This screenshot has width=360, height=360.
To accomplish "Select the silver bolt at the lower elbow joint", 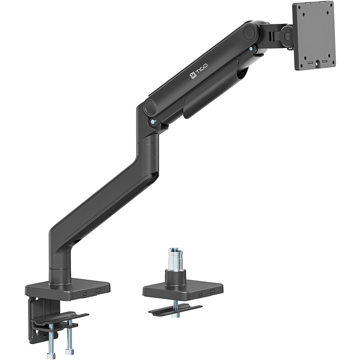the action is point(153,121).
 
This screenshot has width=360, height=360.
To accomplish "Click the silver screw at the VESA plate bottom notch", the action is point(318,63).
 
